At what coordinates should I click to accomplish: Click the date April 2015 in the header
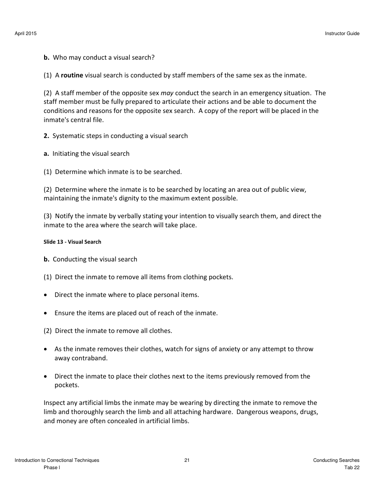pos(26,34)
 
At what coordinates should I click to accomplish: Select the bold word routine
pos(72,75)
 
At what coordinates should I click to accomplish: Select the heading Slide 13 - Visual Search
pos(72,242)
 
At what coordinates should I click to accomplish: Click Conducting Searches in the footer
pos(336,460)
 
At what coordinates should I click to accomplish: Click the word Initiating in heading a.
pos(67,154)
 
